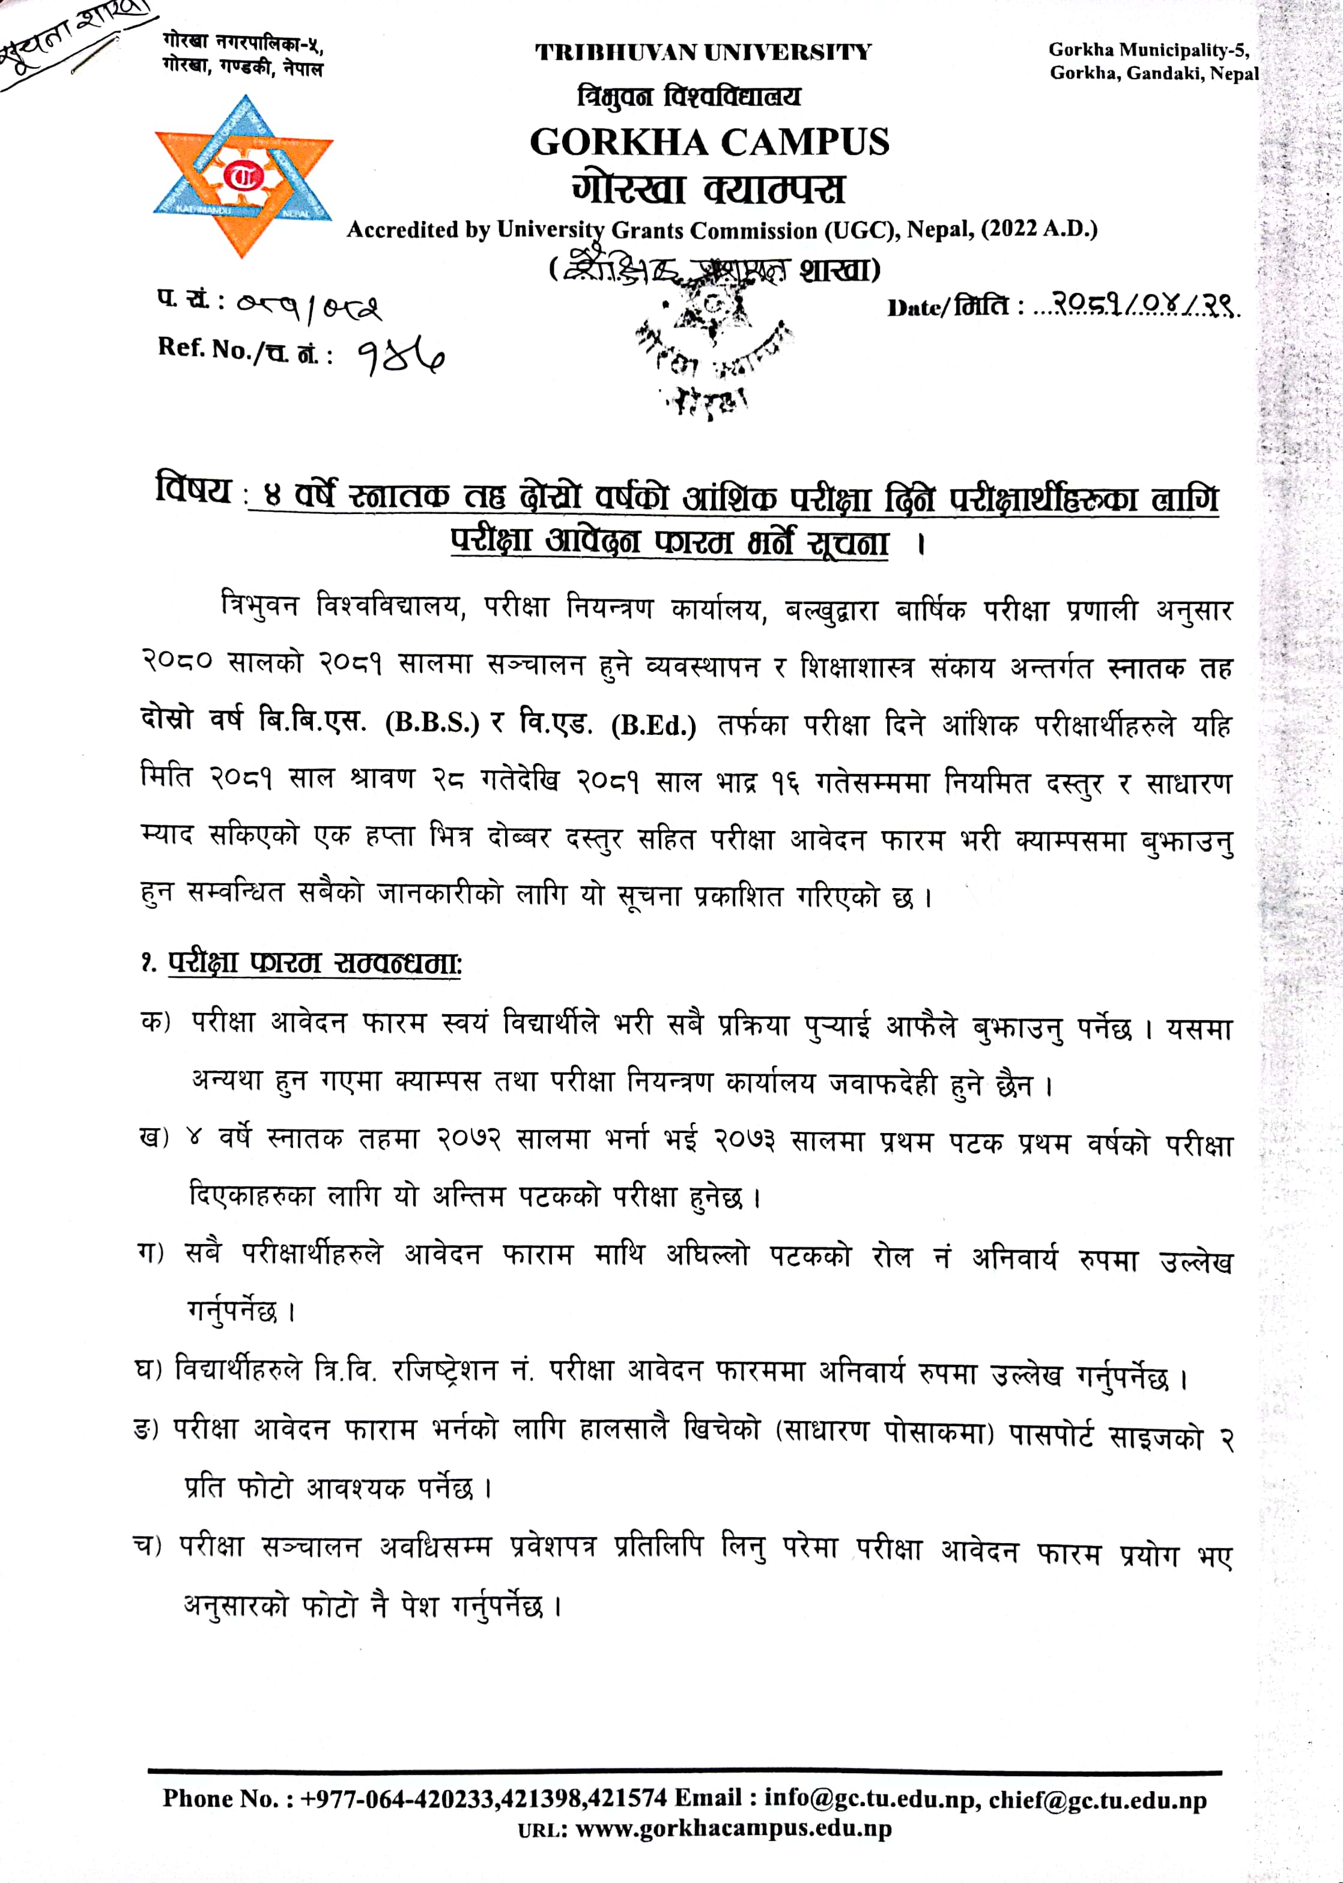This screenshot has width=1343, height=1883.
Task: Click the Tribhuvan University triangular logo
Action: (243, 175)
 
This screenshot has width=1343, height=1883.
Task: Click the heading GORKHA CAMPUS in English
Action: (709, 142)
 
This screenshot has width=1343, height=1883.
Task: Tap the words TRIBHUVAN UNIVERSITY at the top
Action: (702, 53)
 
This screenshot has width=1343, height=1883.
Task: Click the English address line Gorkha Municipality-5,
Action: (1148, 50)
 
